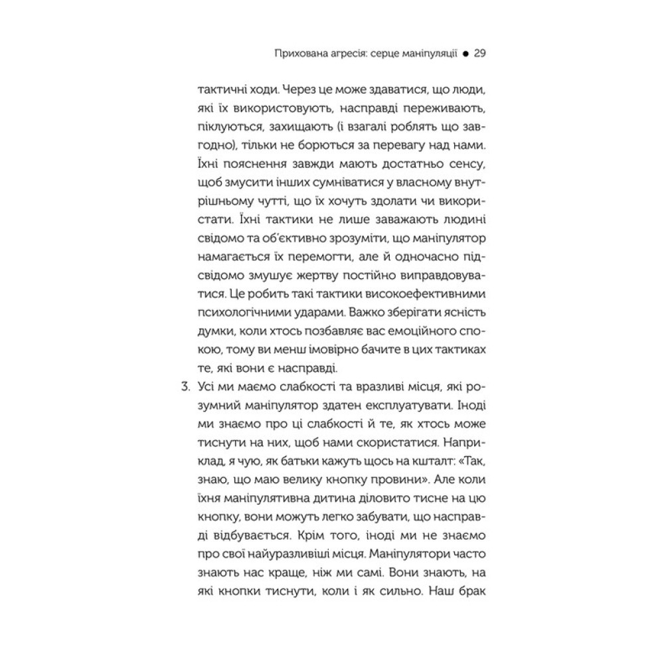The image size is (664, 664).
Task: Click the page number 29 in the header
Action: (x=481, y=52)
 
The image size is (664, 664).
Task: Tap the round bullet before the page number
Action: (x=465, y=53)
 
